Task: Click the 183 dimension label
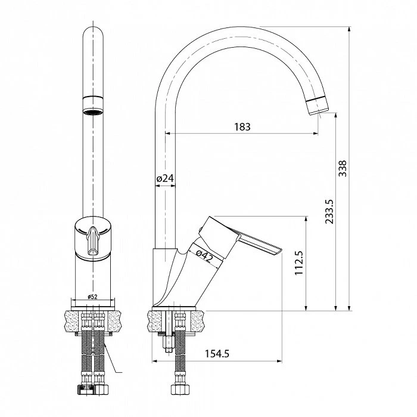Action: click(x=242, y=126)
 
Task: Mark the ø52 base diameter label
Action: click(x=92, y=296)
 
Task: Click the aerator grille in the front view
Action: click(x=92, y=111)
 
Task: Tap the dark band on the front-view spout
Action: click(x=92, y=98)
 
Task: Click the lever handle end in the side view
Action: click(x=277, y=249)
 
